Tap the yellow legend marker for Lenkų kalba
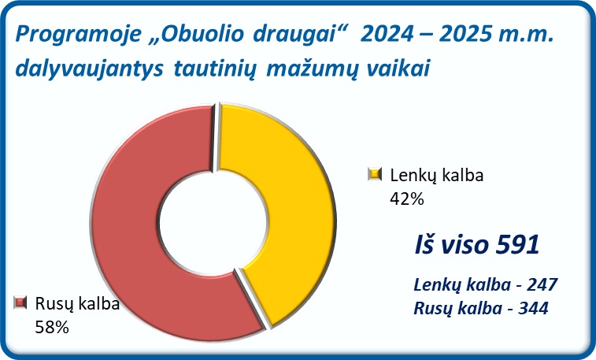point(375,175)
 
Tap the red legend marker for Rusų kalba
point(20,303)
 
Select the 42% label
point(407,199)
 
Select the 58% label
point(52,327)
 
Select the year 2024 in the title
point(387,34)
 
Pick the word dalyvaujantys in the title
point(89,69)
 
